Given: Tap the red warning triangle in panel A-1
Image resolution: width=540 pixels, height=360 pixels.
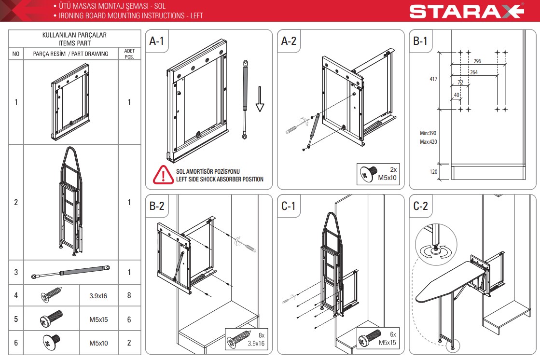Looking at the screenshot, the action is coord(163,175).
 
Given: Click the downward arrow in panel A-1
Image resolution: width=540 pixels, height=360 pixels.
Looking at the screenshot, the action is coord(260,99).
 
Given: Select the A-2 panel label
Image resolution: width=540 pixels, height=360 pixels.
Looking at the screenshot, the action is coord(289,41).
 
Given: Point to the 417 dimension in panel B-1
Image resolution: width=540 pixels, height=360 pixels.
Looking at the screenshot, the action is coord(433,79).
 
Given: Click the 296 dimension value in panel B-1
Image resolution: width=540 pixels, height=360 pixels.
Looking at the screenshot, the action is coord(477,61).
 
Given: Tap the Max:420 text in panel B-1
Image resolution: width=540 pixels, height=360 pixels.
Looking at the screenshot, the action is coord(429,141).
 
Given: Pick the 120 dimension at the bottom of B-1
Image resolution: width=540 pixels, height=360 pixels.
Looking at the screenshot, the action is coord(433,172).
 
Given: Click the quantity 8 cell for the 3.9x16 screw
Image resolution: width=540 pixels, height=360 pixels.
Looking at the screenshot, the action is coord(129,295).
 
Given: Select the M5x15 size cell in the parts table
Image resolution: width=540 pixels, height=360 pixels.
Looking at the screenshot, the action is coord(98,319).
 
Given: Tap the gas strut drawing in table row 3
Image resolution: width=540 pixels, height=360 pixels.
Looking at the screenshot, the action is coord(70,271).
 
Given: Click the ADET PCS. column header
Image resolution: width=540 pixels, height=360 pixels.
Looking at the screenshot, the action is coord(129,54).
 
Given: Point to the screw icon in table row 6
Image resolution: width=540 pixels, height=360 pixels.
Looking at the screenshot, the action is coord(51,342).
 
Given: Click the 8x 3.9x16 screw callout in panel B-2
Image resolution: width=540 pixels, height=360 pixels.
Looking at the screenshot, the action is coord(247,339).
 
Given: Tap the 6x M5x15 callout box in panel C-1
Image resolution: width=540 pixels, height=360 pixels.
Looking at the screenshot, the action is coord(378,338).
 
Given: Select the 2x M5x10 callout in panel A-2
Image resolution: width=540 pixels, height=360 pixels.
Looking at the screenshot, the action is coord(378,174).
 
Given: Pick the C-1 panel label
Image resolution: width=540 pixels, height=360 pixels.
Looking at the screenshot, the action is coord(288,206).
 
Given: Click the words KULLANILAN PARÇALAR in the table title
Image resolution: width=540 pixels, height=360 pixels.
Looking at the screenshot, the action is coord(74,35).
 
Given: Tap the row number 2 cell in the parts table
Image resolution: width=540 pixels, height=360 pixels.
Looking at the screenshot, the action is coord(16,202).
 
